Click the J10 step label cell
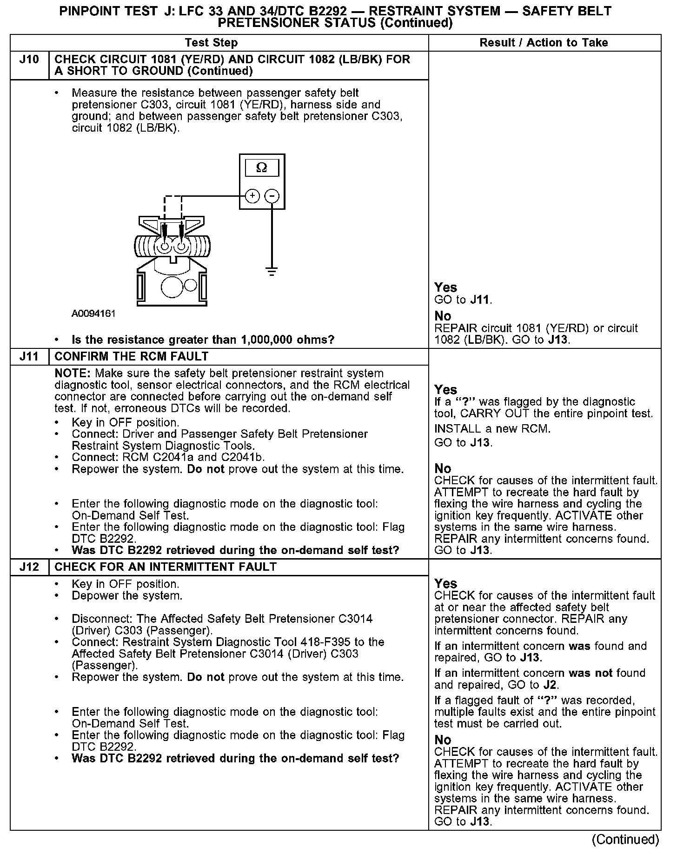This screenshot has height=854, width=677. point(29,60)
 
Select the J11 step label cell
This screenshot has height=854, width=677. point(29,356)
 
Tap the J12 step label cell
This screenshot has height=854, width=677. point(29,567)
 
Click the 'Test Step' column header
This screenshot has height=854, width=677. point(211,43)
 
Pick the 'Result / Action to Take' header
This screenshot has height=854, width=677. point(544,43)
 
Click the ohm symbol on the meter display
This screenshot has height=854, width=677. point(262,167)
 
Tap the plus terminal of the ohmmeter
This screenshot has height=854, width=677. point(252,196)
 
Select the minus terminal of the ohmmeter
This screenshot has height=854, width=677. point(272,196)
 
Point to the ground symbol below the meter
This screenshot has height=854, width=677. point(272,271)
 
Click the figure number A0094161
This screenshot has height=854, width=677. point(93,314)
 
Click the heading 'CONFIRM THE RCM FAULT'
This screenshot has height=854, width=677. point(132,356)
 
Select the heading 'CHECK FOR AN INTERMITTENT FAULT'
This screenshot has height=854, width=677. point(166,567)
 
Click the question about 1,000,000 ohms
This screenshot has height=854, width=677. point(203,340)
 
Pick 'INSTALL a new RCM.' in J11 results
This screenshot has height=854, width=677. point(492,429)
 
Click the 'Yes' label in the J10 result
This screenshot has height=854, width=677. point(445,287)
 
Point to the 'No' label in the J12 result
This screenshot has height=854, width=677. point(443,740)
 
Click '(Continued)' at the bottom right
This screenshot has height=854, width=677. point(625,840)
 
